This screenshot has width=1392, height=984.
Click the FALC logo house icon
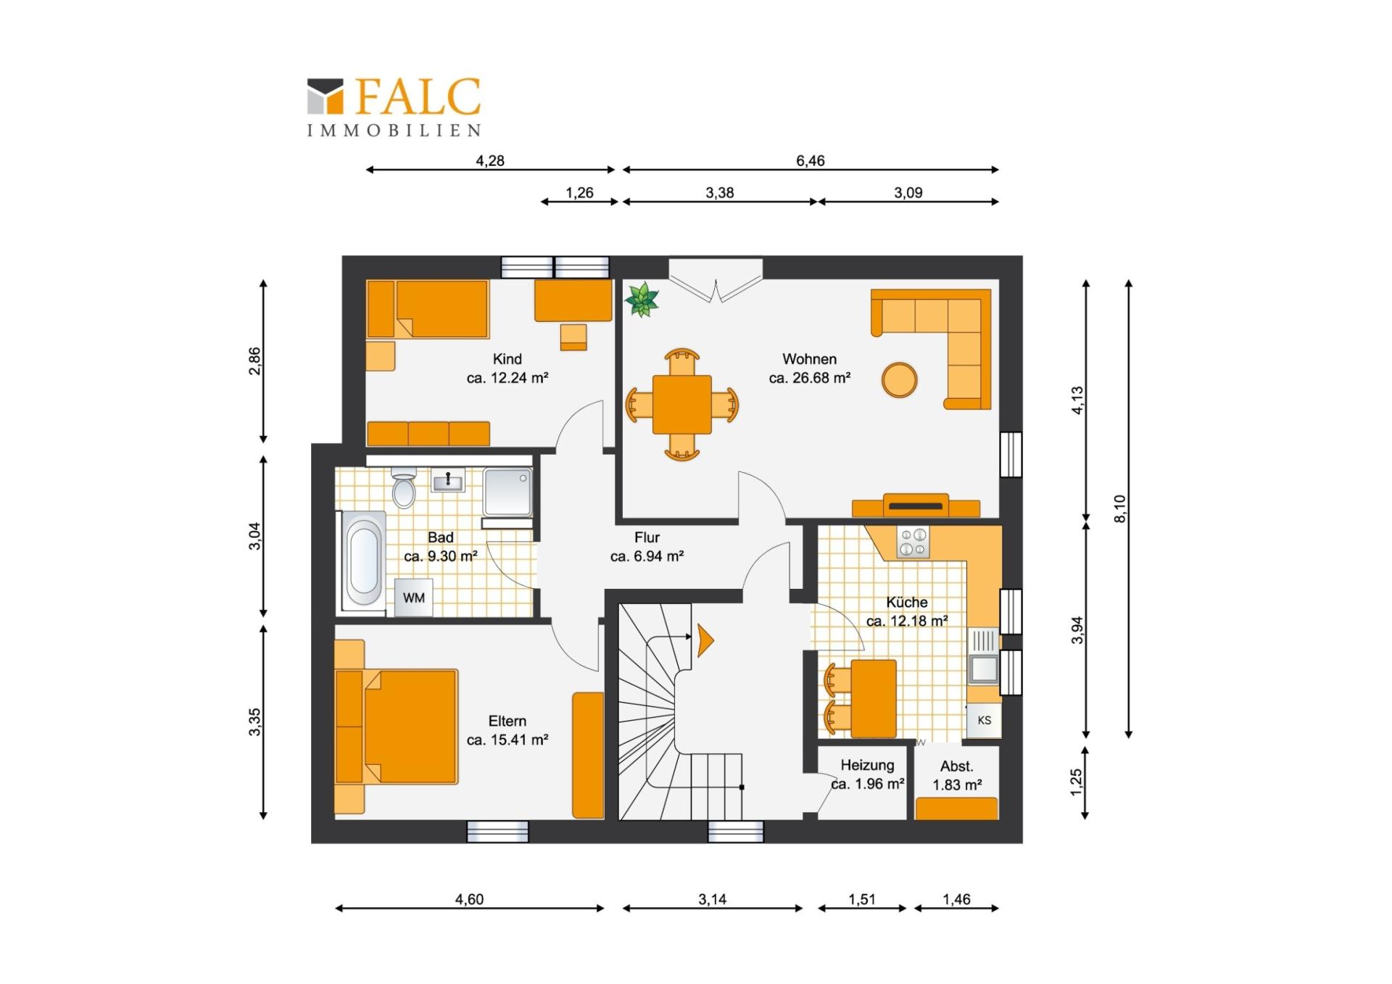[x=325, y=96]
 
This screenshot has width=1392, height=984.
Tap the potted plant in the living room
[x=642, y=299]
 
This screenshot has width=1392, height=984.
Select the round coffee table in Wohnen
[x=899, y=380]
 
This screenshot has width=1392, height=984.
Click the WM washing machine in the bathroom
[x=413, y=598]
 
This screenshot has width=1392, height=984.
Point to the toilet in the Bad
[x=403, y=487]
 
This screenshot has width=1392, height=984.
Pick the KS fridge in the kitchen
[x=984, y=720]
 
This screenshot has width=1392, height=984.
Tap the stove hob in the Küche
[x=913, y=542]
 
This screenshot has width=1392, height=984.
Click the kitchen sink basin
[x=984, y=668]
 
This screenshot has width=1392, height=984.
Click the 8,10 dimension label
[x=1120, y=508]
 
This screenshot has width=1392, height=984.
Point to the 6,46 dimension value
[x=811, y=160]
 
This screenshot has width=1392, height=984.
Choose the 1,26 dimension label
[x=579, y=192]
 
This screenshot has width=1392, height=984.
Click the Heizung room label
[x=867, y=765]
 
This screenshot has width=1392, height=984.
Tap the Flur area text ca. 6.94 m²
[x=647, y=556]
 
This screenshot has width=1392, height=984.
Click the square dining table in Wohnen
[x=681, y=404]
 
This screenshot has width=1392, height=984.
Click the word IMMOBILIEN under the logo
[x=394, y=131]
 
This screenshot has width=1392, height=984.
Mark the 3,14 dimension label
[x=712, y=899]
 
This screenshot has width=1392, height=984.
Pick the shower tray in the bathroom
[x=507, y=492]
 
